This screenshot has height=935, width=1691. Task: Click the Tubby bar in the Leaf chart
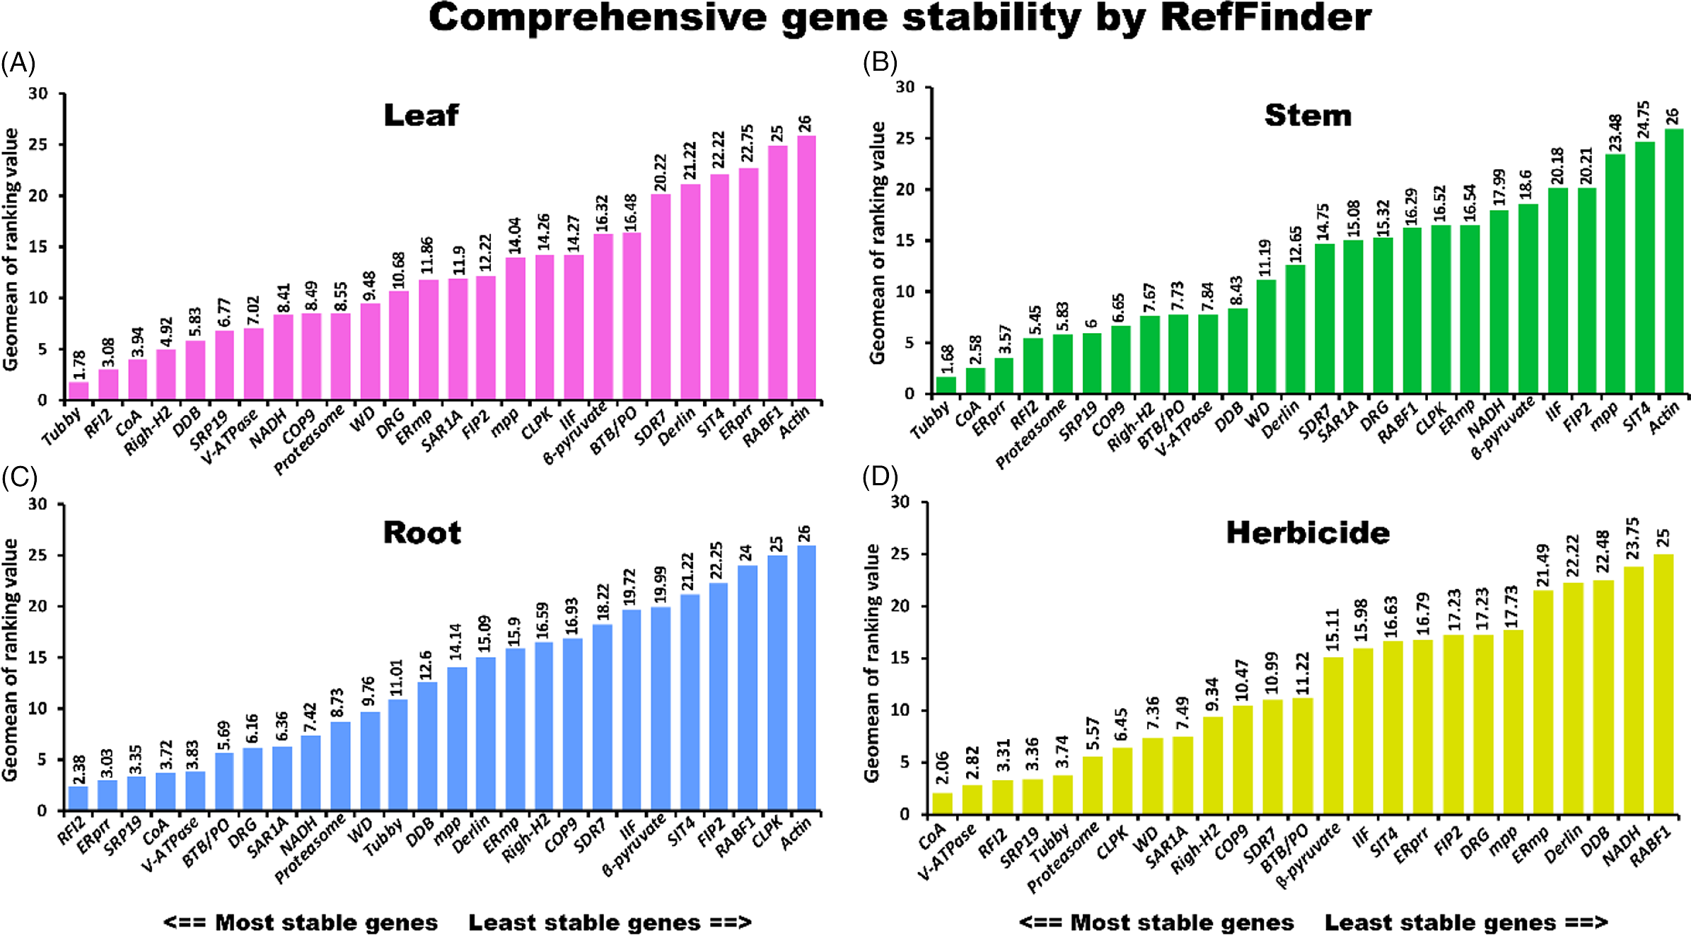pos(79,390)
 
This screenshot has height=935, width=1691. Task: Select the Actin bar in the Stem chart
pos(1673,262)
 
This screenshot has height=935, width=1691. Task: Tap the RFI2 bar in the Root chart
pos(79,798)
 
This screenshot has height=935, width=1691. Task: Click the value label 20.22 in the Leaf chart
pos(660,173)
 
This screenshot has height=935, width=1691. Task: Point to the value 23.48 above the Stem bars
pos(1615,133)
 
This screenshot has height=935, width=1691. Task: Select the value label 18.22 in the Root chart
pos(603,602)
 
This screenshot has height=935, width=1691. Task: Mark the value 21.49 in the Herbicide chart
pos(1542,564)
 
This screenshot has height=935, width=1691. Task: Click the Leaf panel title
pos(421,115)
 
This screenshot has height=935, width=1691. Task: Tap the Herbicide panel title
pos(1308,533)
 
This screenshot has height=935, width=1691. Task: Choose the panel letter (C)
pos(19,477)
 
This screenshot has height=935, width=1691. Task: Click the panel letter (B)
pos(880,63)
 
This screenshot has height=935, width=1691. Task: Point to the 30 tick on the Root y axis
pos(37,504)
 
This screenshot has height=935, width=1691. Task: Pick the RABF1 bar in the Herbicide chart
pos(1663,684)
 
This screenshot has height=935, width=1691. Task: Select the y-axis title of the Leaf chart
pos(11,249)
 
